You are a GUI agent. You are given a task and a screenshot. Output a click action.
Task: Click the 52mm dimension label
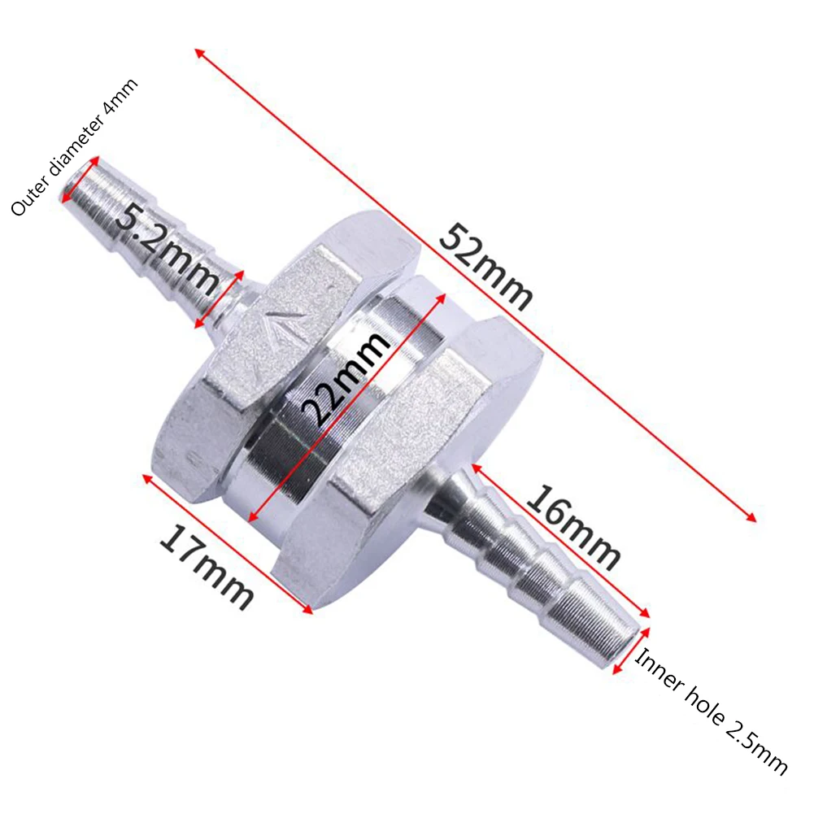485,268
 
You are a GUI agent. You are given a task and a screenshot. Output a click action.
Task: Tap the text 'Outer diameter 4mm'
75,146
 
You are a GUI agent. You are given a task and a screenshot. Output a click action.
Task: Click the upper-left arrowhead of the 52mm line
198,53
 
